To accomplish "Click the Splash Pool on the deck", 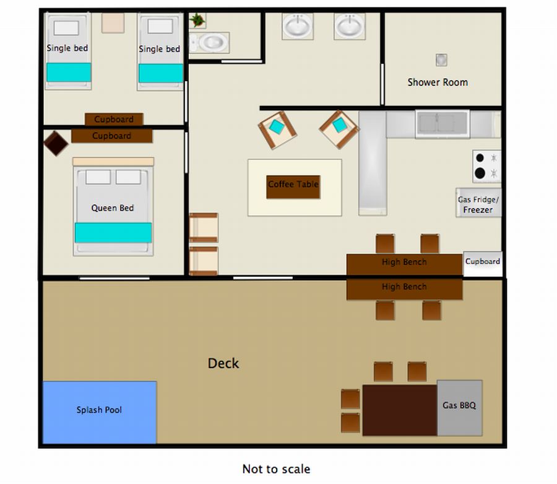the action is point(100,412).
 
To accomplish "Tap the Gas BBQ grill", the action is point(459,408).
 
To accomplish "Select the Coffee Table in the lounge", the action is point(293,187).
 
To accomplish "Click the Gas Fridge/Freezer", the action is point(478,203).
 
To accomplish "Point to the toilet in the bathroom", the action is point(209,43).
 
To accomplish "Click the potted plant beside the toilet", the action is point(197,20).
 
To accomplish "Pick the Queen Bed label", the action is point(112,208).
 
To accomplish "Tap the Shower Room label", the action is point(438,82).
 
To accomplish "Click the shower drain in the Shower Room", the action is point(441,59).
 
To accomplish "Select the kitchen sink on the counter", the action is point(443,124).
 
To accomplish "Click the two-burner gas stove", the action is point(486,165).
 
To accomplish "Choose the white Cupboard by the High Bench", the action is point(483,263).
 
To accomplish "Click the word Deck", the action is point(223,363).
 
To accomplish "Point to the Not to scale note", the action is point(276,469).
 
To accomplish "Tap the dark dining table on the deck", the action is point(400,410).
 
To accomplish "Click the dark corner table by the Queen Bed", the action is point(56,143).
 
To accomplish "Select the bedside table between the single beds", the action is point(113,23).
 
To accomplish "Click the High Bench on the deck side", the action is point(404,289).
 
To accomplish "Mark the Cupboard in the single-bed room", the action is point(114,119).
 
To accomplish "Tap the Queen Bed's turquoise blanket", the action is point(113,232).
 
